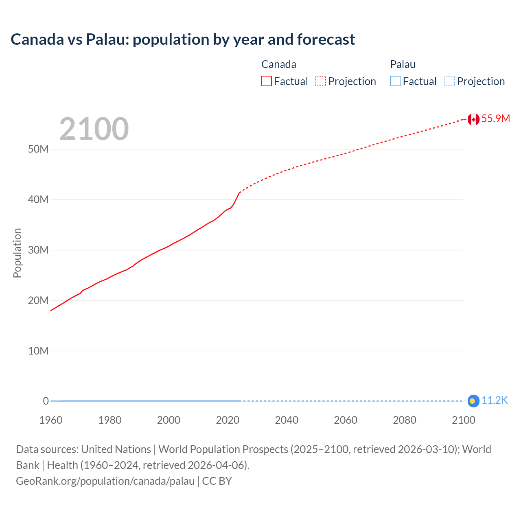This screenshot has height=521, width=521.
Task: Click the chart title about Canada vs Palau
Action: click(x=183, y=39)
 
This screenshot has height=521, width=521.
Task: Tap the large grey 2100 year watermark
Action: click(x=94, y=129)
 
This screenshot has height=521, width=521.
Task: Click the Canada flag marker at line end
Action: click(x=473, y=119)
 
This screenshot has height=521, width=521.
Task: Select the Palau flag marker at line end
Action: click(x=473, y=401)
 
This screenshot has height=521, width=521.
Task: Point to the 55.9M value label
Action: click(x=495, y=118)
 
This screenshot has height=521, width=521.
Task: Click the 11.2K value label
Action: click(x=495, y=401)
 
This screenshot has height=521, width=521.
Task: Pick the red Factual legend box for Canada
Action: click(x=267, y=81)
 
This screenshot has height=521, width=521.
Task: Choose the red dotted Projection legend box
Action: click(x=321, y=81)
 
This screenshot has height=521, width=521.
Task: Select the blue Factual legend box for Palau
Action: click(x=395, y=81)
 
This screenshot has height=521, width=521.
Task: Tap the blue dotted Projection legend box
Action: click(x=450, y=81)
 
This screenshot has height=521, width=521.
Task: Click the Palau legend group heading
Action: click(x=403, y=64)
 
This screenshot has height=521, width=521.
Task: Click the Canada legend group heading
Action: click(x=278, y=64)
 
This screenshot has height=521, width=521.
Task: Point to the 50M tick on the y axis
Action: click(x=38, y=149)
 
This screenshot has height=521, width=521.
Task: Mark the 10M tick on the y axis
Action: click(x=38, y=351)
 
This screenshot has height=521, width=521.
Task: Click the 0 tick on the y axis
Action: click(x=46, y=401)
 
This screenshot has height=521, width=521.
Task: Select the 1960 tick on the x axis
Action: click(x=51, y=420)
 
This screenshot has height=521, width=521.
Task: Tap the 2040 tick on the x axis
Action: click(x=287, y=420)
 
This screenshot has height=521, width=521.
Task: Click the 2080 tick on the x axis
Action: click(x=405, y=420)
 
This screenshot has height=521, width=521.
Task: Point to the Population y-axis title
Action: click(x=17, y=253)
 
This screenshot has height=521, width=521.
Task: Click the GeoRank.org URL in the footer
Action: click(x=105, y=481)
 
